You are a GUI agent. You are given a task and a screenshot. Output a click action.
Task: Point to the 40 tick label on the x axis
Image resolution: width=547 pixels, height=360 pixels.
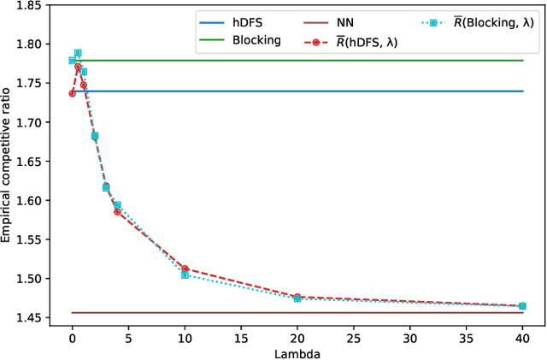coord(522,334)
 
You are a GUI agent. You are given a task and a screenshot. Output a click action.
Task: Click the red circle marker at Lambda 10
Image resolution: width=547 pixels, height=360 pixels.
coord(185,269)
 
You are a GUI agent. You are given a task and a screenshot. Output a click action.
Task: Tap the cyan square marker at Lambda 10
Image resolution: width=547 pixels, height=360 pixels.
coord(185,275)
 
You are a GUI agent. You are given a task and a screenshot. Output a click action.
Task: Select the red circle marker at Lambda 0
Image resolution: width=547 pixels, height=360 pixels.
coord(72,93)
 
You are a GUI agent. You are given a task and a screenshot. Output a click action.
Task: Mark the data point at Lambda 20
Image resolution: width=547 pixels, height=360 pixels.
coord(297,298)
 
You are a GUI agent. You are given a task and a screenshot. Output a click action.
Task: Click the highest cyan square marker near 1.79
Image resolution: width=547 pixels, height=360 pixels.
coord(78,53)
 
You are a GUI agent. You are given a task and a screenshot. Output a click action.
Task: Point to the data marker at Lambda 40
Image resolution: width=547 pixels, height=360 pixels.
coord(522,306)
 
